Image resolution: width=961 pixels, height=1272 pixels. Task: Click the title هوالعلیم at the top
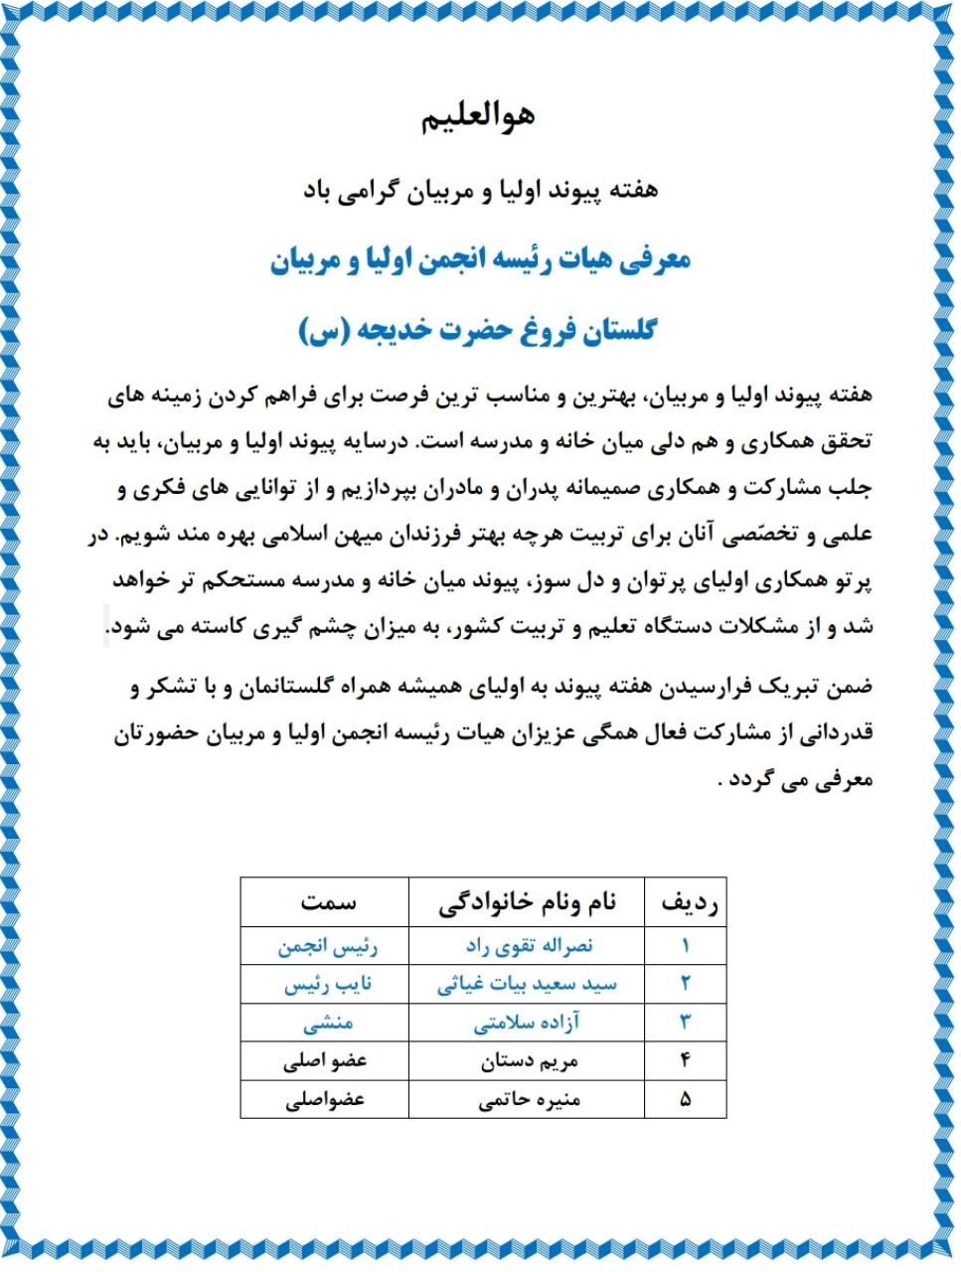tap(480, 115)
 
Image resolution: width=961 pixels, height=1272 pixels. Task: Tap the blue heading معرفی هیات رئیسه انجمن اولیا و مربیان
tap(480, 261)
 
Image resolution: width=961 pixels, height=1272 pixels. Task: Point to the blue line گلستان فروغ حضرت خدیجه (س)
tap(478, 330)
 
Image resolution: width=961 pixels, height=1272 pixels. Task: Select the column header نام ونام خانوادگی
tap(527, 902)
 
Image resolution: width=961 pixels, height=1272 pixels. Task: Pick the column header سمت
tap(327, 902)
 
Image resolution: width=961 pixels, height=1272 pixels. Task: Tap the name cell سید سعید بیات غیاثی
tap(527, 984)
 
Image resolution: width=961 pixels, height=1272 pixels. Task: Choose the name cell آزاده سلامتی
tap(527, 1023)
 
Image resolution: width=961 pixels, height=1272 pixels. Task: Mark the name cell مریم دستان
tap(529, 1061)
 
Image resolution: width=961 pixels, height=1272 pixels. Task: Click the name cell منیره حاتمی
tap(529, 1100)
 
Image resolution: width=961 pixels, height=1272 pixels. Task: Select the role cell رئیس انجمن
tap(327, 945)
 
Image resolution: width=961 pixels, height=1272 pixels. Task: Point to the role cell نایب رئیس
tap(327, 984)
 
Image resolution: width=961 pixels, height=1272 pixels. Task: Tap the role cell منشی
tap(327, 1023)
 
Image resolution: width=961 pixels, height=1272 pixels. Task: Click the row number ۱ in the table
tap(685, 945)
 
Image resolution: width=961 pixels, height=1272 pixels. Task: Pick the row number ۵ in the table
tap(685, 1100)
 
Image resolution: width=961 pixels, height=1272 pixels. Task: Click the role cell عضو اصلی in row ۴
tap(325, 1061)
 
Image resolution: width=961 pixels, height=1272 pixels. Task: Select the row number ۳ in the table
tap(685, 1023)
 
